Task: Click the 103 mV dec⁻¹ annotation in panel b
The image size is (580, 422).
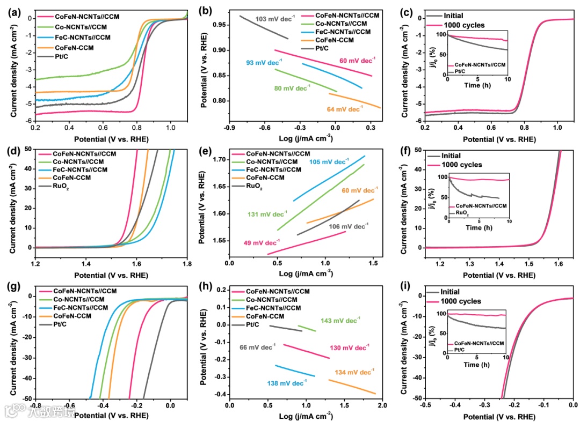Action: (275, 19)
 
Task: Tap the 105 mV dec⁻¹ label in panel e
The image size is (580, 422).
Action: (329, 161)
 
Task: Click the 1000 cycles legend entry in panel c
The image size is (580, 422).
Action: (463, 25)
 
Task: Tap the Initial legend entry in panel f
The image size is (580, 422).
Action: (454, 156)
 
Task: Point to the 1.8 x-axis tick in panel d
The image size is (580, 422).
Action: (187, 264)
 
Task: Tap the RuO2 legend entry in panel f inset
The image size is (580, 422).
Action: (461, 212)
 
